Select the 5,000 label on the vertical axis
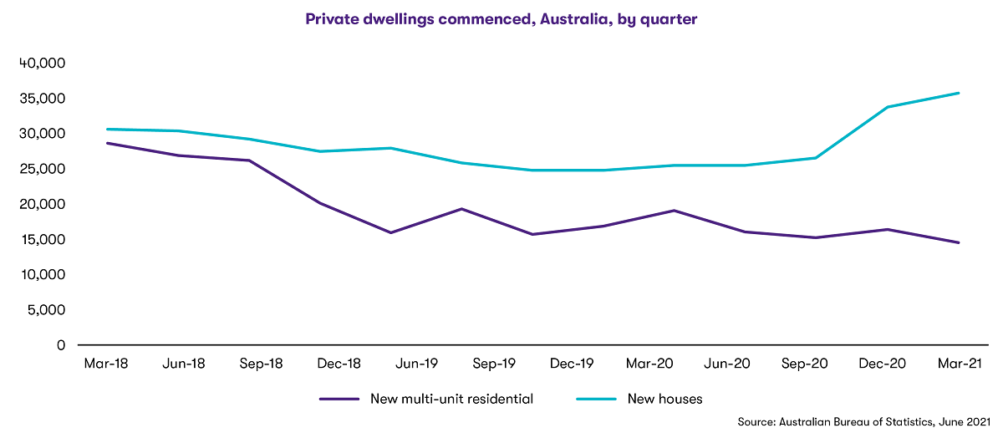45,309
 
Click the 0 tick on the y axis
60,344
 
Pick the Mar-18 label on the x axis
104,364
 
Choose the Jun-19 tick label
415,364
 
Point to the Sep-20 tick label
804,364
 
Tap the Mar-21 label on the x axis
959,364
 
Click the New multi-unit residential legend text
451,399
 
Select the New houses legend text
664,399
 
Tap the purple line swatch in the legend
339,399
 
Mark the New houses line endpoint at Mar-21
959,93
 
